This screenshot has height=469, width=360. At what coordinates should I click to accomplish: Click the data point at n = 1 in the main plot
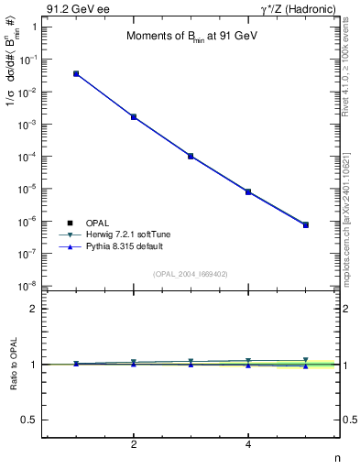click(x=76, y=73)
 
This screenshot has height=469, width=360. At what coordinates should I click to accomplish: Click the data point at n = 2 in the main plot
click(x=134, y=117)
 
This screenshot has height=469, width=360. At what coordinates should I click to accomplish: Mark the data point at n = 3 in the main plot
click(x=191, y=157)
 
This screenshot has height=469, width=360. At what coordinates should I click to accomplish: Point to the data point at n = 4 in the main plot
click(x=248, y=191)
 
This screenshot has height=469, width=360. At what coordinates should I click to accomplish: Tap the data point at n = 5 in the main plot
click(x=306, y=224)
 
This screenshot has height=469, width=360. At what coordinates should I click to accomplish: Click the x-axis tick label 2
click(x=134, y=445)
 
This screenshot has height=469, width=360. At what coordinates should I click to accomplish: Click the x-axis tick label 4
click(x=248, y=445)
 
